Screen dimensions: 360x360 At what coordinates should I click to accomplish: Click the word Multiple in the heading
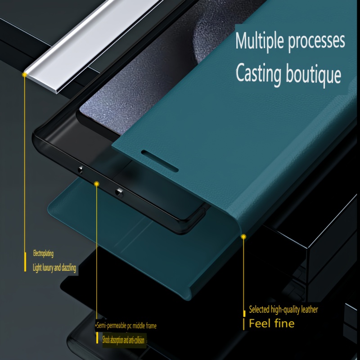260,41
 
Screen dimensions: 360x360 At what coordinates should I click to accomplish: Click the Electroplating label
43,253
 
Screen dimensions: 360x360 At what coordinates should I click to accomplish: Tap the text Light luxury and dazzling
54,268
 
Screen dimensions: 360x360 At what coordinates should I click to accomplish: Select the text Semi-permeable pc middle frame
126,325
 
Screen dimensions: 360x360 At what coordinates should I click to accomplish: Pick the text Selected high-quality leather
283,310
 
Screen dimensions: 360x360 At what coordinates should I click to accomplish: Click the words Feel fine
272,324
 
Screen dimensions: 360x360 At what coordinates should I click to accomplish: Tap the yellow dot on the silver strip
25,75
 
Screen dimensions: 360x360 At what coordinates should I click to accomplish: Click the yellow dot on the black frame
97,184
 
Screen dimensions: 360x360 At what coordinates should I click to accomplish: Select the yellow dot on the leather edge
243,237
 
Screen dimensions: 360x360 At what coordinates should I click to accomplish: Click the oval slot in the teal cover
160,161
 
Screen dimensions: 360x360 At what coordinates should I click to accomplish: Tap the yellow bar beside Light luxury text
25,262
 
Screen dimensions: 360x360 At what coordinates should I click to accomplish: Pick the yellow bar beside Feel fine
243,324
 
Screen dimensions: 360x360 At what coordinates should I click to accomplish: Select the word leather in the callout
310,310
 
